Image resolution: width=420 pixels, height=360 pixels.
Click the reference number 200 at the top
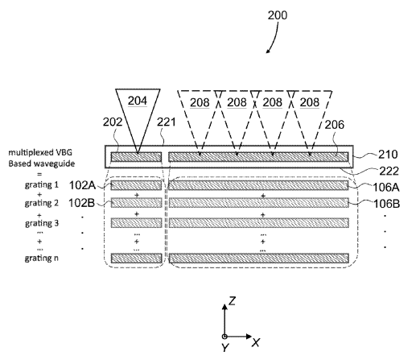click(278, 15)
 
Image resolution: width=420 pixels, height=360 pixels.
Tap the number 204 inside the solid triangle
click(138, 101)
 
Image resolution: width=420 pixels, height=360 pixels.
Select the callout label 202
click(113, 122)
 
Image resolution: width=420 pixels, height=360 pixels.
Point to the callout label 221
click(167, 122)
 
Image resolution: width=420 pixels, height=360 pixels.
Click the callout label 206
click(334, 125)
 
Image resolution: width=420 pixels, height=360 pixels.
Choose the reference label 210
click(388, 155)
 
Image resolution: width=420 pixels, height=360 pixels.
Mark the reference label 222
click(389, 171)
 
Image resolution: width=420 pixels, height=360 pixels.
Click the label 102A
click(82, 185)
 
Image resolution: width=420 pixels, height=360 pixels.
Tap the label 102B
click(82, 203)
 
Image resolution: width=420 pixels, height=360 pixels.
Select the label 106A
click(386, 188)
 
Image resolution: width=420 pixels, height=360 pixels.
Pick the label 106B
click(387, 204)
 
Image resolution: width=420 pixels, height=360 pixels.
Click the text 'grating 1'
click(42, 185)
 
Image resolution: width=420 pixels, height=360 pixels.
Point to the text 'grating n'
click(42, 259)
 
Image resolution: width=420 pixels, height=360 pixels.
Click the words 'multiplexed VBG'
click(40, 152)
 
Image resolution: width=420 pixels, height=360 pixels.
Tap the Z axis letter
click(232, 300)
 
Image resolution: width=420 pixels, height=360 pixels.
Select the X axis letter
click(256, 342)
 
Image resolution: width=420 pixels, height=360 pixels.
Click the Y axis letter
click(225, 348)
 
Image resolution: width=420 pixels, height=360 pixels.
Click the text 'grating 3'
click(42, 223)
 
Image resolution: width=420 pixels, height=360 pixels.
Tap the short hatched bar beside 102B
click(137, 203)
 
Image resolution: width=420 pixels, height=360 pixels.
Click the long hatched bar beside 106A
click(258, 185)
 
